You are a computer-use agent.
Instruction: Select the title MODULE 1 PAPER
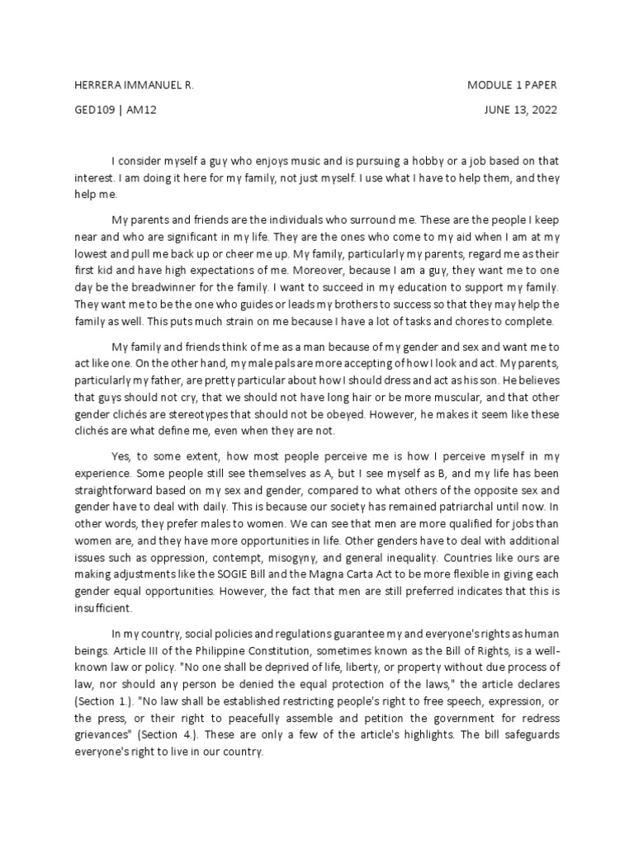pyautogui.click(x=517, y=85)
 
